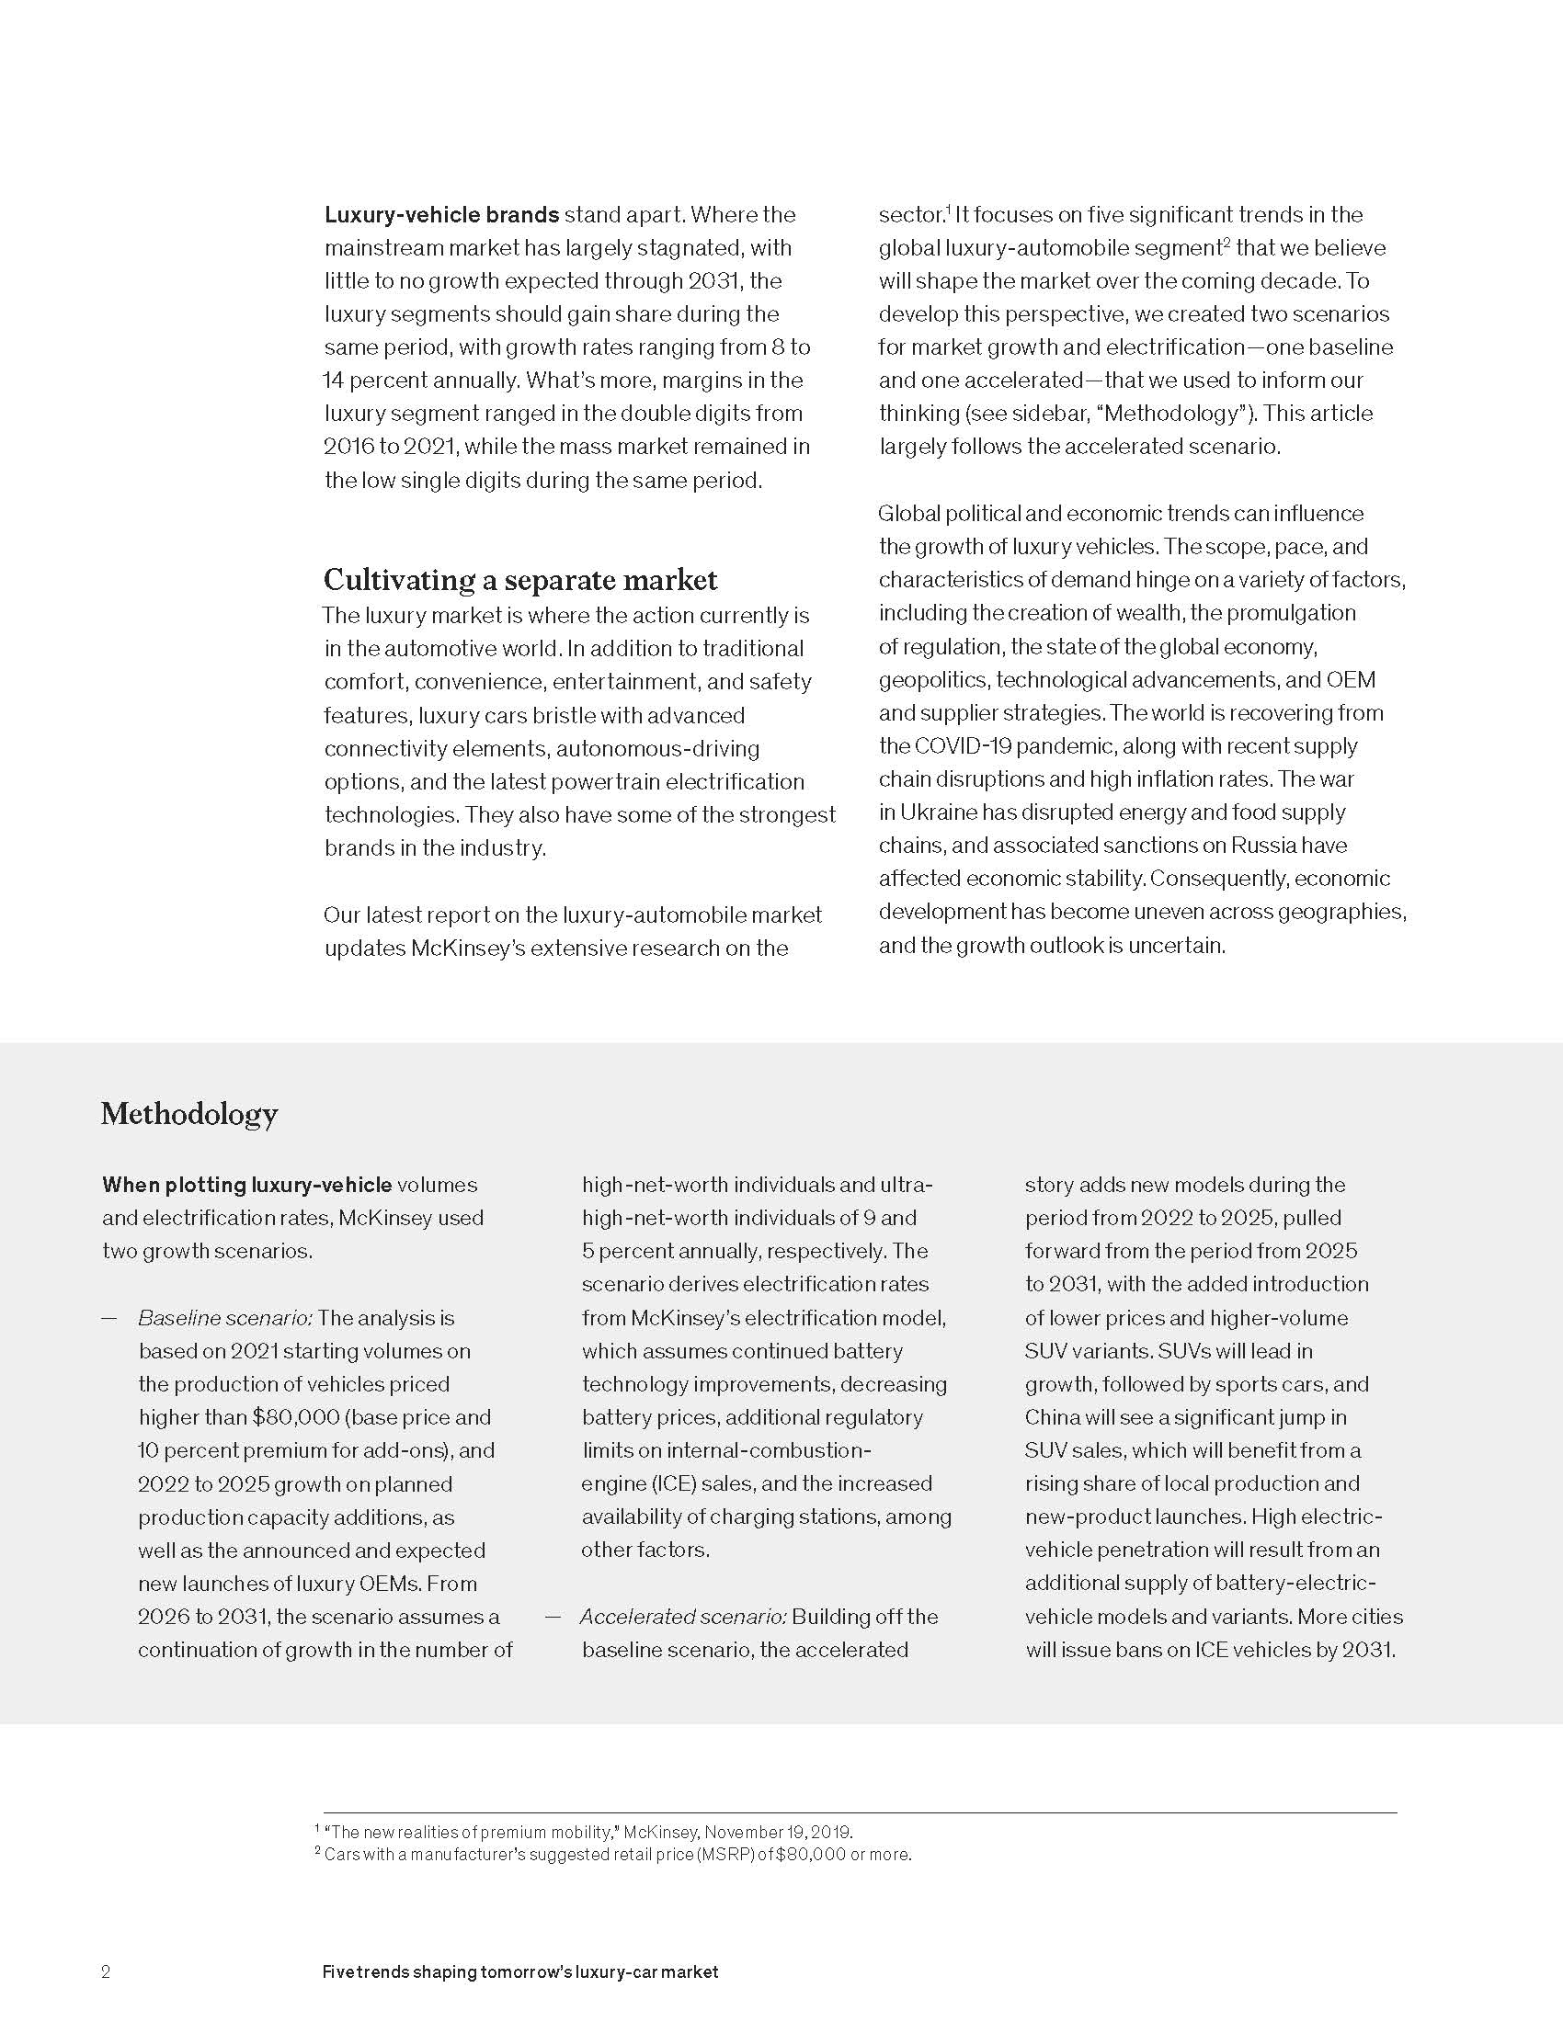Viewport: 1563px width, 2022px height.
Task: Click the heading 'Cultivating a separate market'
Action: (519, 580)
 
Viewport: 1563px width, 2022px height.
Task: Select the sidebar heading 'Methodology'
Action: (188, 1113)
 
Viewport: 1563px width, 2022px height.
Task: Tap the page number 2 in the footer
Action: (106, 1971)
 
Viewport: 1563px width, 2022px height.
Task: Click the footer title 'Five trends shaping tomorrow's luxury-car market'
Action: (519, 1971)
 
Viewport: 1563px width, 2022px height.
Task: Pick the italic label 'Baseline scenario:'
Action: (225, 1317)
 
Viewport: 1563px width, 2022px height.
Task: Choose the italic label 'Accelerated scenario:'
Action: (683, 1617)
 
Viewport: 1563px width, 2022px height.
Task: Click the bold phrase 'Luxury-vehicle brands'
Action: (441, 215)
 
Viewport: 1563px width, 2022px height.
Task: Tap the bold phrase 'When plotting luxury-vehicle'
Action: (247, 1185)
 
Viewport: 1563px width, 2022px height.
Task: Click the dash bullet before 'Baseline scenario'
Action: (109, 1317)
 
